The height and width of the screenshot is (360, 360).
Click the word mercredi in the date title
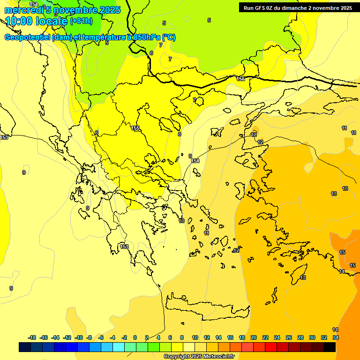[22, 10]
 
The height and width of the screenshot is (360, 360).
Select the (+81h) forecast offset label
[81, 21]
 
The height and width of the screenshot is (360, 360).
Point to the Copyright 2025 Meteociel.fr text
[199, 357]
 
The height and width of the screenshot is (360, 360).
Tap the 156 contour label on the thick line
[240, 79]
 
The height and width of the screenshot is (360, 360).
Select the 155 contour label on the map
[135, 128]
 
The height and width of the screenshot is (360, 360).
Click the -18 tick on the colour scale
[32, 337]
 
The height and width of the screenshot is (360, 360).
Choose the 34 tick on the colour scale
[336, 337]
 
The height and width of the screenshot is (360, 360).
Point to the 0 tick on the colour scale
[135, 337]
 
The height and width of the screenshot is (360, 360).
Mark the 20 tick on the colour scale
[254, 337]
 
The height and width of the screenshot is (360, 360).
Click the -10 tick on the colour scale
[78, 337]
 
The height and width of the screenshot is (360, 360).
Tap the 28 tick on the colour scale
[300, 337]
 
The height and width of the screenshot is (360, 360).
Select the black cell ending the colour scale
[330, 347]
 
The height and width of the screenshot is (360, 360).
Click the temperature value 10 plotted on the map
[181, 221]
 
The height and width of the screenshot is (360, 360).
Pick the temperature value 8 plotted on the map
[180, 134]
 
